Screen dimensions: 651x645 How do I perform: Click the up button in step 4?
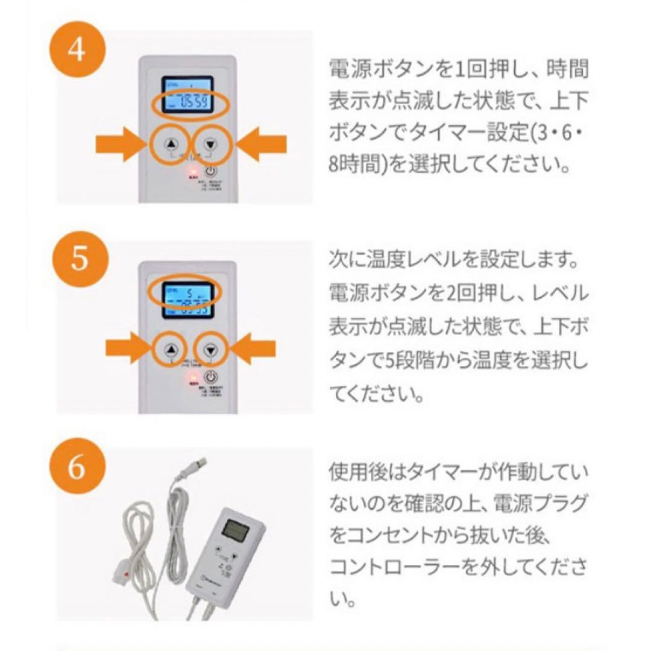coord(171,145)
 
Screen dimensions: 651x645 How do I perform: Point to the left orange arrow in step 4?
coord(121,145)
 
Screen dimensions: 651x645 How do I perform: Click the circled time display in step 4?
coord(188,103)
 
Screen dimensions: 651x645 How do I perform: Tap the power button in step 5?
coord(210,378)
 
